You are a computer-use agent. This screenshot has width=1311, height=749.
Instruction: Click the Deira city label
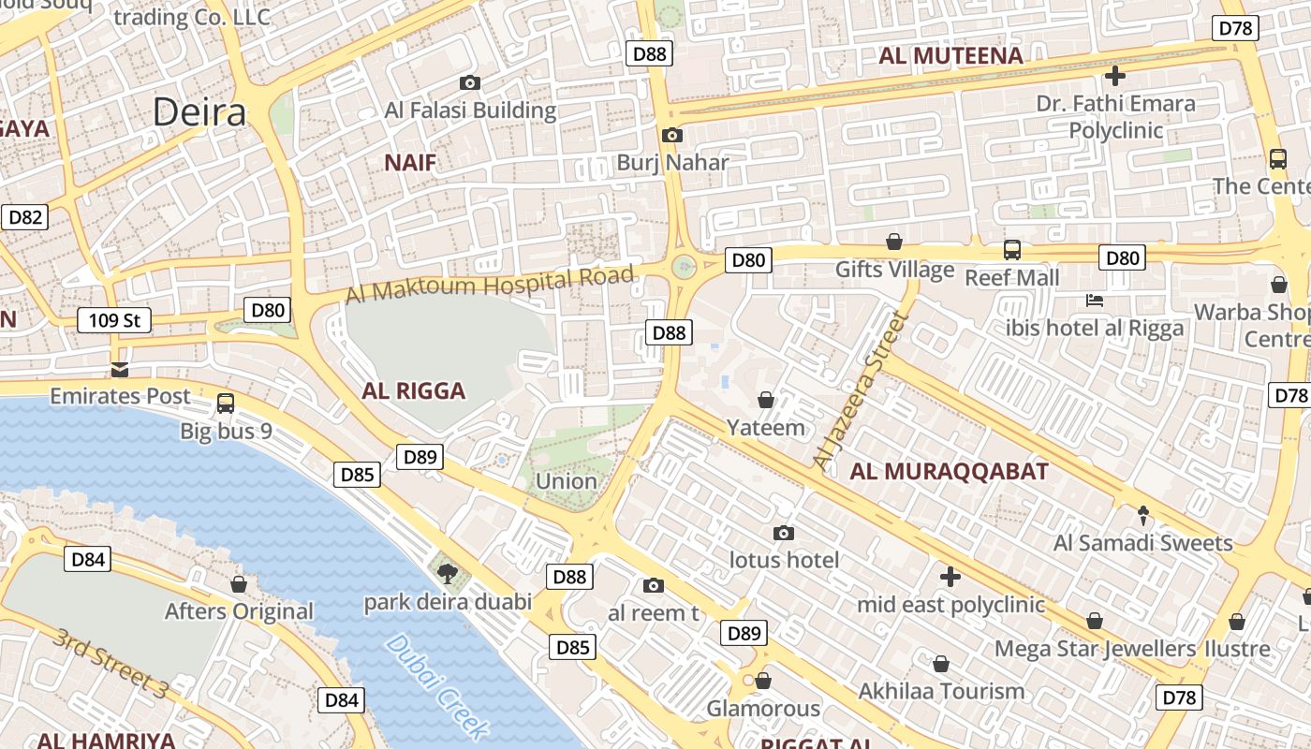[x=199, y=112]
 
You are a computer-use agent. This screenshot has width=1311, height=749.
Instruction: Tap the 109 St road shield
[x=114, y=320]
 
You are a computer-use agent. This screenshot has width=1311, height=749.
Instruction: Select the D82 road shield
[x=25, y=218]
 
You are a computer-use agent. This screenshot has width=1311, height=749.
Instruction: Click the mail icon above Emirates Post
[x=119, y=368]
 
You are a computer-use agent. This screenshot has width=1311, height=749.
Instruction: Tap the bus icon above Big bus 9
[x=226, y=404]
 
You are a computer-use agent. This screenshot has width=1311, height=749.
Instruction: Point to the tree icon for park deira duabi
[x=448, y=572]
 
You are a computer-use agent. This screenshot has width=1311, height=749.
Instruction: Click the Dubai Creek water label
[x=437, y=685]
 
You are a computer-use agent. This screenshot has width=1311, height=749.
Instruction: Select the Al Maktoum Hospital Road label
[x=489, y=284]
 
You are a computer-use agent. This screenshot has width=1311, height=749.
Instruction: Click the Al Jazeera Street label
[x=862, y=391]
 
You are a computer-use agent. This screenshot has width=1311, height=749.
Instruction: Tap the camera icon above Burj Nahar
[x=671, y=135]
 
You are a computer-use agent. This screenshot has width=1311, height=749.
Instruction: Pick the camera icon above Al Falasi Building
[x=470, y=82]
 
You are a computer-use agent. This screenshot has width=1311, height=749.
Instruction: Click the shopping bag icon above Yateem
[x=766, y=400]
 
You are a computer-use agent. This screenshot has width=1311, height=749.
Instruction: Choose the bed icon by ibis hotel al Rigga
[x=1095, y=301]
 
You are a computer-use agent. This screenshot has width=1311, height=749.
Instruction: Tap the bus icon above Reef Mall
[x=1012, y=249]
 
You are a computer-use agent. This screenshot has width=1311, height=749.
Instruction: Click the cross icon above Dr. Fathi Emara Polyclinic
[x=1114, y=75]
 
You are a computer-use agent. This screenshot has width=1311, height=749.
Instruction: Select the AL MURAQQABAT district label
[x=949, y=472]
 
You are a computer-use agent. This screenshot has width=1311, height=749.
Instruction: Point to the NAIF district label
[x=410, y=163]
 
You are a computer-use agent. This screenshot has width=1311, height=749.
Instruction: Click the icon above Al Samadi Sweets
[x=1143, y=514]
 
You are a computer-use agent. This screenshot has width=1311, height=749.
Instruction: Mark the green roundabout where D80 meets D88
[x=685, y=267]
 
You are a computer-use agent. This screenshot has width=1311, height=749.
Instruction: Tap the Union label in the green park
[x=566, y=481]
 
